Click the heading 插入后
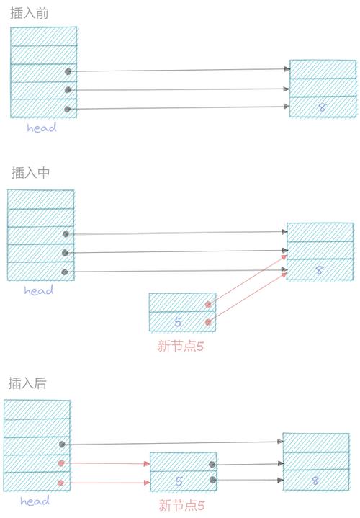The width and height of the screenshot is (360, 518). point(27,383)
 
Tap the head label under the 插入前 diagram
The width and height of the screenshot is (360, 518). point(42,128)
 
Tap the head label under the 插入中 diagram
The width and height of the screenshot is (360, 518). point(39,291)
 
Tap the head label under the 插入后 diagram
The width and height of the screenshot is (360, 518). point(35,501)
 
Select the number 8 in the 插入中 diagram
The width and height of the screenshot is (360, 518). point(319,270)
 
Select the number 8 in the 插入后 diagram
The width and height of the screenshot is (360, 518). point(315,481)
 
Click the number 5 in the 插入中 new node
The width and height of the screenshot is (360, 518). point(179,322)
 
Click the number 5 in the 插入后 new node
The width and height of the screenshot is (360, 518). point(179,481)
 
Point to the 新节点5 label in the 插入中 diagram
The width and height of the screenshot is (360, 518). point(181,345)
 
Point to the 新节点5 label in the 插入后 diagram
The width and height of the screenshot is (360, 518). point(182,505)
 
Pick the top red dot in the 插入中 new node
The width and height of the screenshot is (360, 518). point(208,305)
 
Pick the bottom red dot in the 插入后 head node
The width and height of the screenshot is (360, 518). point(61,483)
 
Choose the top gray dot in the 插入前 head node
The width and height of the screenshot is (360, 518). point(68,72)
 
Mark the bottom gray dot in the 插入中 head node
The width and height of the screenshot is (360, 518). point(65,272)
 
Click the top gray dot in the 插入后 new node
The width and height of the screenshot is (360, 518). point(212,465)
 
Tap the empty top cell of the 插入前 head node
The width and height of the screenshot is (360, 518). point(44,36)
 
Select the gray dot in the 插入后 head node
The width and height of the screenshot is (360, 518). point(62,445)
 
